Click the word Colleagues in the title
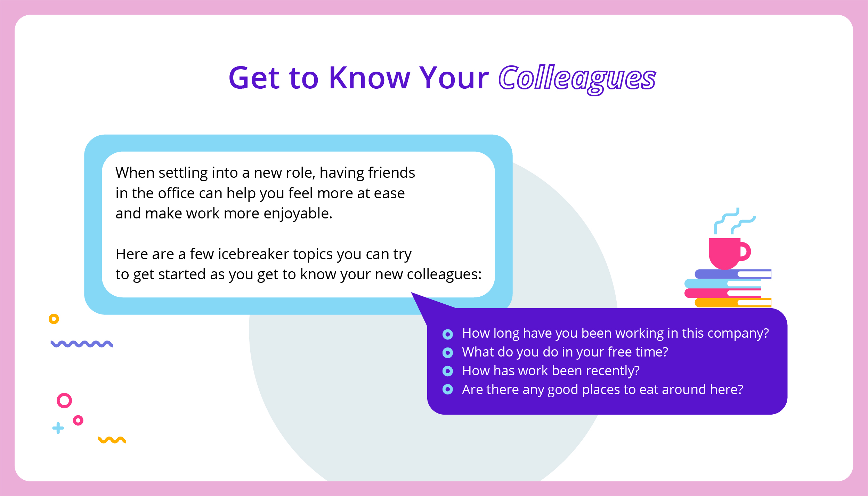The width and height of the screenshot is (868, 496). click(x=577, y=80)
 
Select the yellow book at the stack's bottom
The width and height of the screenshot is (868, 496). click(x=733, y=303)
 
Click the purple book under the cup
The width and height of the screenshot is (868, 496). click(x=733, y=274)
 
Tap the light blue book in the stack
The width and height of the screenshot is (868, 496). click(x=723, y=283)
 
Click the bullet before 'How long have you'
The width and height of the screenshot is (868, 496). click(x=448, y=334)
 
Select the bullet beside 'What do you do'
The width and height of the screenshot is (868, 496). click(x=448, y=353)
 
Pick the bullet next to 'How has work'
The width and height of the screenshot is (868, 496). click(x=448, y=371)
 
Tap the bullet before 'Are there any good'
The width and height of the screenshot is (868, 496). click(x=448, y=389)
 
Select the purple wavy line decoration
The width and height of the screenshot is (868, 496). click(x=82, y=344)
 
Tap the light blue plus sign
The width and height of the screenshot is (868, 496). click(x=58, y=428)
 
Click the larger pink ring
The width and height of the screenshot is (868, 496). click(x=64, y=394)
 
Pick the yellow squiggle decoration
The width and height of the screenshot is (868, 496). click(x=112, y=440)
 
